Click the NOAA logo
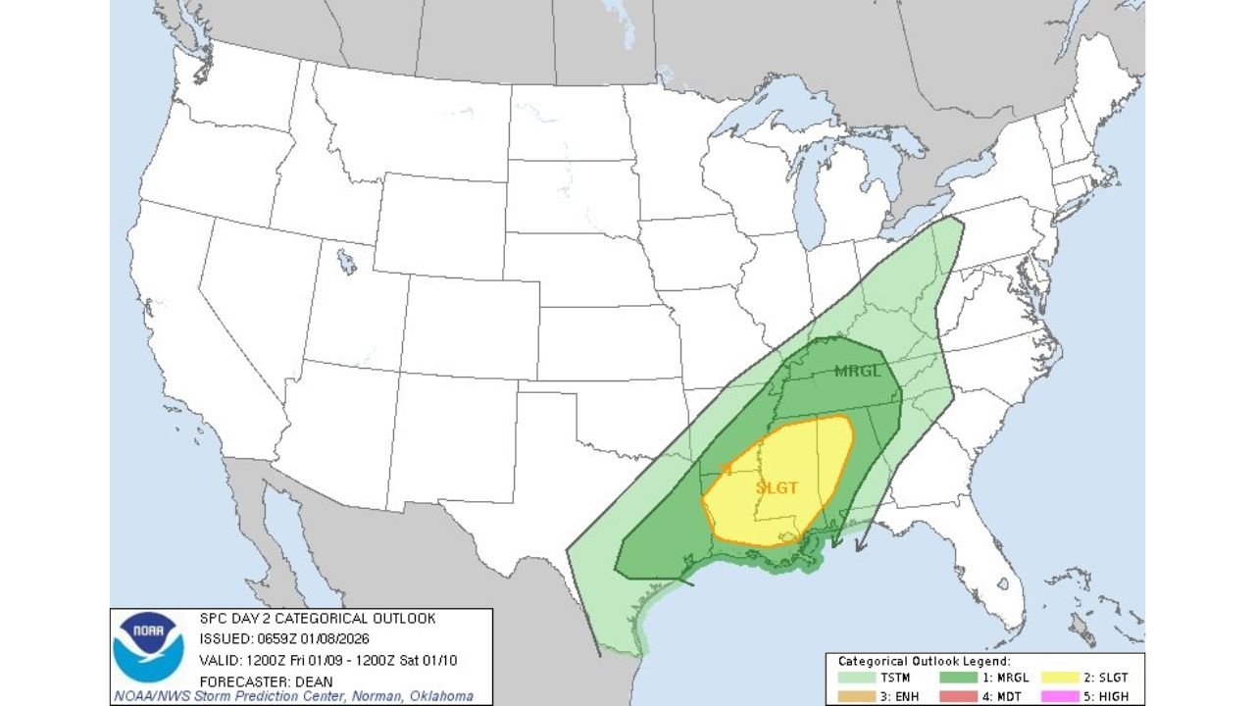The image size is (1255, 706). [x=148, y=646]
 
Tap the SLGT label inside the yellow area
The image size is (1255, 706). [x=778, y=487]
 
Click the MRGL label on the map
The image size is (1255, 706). [x=858, y=372]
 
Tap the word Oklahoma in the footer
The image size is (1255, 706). [x=438, y=697]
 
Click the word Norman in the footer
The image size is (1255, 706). [x=377, y=697]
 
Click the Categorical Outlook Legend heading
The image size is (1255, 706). [x=924, y=662]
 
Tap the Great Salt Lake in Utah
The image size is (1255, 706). [x=345, y=262]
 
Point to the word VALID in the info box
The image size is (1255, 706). [x=219, y=660]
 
